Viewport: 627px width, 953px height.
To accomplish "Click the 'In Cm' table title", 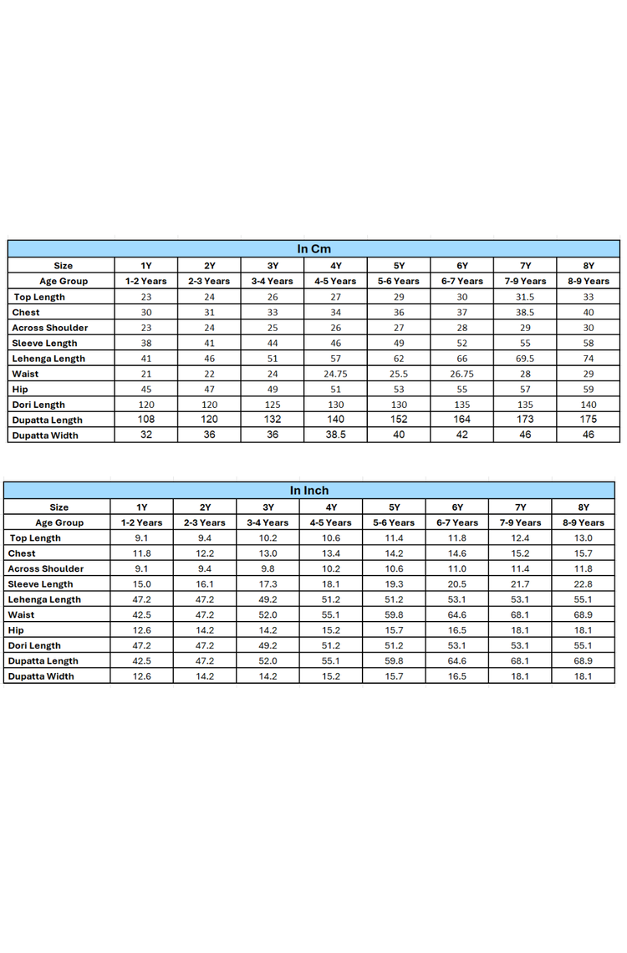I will pos(313,249).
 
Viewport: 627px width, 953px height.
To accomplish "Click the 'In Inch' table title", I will pos(309,491).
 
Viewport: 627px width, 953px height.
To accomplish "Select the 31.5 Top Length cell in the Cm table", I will pos(525,297).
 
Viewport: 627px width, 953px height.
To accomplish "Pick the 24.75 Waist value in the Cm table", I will pos(335,374).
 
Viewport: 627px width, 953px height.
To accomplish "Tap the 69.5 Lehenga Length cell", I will pos(525,359).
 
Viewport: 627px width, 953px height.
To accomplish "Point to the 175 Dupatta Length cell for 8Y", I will pos(588,420).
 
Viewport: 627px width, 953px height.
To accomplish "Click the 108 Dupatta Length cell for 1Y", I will pos(146,420).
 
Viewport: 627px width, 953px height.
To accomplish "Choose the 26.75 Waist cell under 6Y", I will pos(461,374).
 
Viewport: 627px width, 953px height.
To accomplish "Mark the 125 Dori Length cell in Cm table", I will pos(273,405).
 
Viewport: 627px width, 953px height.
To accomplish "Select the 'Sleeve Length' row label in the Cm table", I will pos(44,343).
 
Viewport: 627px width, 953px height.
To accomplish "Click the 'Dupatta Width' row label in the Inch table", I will pos(41,676).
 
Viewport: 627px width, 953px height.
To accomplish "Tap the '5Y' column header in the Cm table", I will pos(399,266).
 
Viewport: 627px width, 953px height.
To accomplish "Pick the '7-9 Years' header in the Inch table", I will pos(520,522).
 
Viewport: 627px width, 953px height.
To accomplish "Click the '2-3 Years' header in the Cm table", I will pos(209,281).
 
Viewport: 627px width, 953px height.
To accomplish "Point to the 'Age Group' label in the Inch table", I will pos(59,522).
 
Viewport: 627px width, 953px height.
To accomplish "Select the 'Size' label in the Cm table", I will pos(64,266).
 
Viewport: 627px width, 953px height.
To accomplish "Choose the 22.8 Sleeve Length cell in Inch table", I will pos(584,584).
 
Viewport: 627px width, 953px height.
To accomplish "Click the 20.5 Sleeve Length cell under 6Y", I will pos(457,584).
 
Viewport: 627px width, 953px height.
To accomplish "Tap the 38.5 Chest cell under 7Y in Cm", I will pos(525,312).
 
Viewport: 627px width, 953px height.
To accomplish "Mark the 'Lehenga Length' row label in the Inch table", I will pos(44,599).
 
